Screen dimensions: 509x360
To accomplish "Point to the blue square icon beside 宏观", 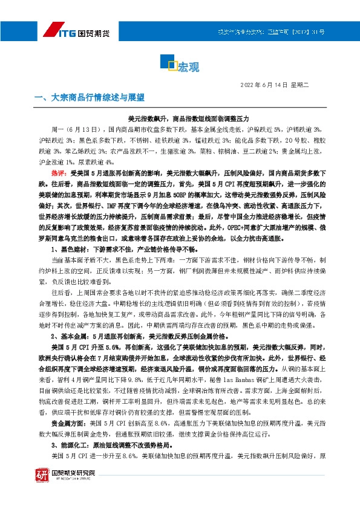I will [x=171, y=63].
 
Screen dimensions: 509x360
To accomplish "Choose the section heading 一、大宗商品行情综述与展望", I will [x=90, y=97].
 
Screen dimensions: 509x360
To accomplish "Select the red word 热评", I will [x=59, y=173].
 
